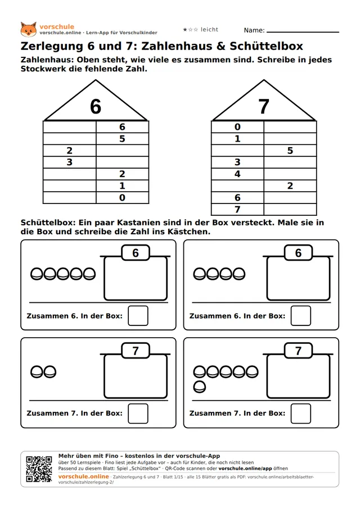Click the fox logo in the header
pos(28,29)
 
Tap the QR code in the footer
pos(39,469)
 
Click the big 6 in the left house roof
pos(96,107)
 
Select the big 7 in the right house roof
pos(264,107)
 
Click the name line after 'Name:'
pos(303,32)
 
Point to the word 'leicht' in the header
pos(209,29)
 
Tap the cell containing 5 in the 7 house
pos(290,151)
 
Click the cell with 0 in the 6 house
pos(122,198)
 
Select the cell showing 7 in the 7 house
pos(237,209)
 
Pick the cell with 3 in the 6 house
pos(69,162)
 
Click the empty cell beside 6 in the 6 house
pos(69,126)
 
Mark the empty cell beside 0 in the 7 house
pos(290,126)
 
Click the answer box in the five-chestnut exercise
pos(138,316)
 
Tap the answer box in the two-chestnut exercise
pos(138,414)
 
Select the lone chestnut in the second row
pos(200,387)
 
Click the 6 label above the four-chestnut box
pos(298,253)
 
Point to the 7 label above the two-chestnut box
pos(136,351)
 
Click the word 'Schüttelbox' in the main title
pos(266,46)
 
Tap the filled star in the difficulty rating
pos(185,29)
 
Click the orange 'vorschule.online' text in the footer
pos(83,477)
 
